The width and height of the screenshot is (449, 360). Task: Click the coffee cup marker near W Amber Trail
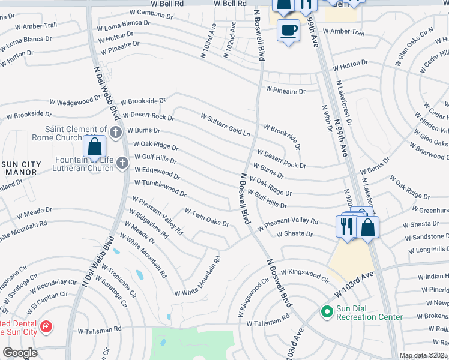[289, 29]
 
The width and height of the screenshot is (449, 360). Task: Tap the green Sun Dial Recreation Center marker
[327, 311]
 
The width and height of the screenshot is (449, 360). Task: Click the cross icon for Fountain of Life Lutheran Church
[122, 162]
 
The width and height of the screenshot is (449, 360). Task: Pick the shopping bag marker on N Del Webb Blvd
[95, 146]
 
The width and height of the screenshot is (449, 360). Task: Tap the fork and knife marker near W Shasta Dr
[346, 226]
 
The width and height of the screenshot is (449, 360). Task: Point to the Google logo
[20, 353]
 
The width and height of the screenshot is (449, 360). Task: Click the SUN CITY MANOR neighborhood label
[21, 168]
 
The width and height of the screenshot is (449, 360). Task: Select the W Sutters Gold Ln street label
[225, 124]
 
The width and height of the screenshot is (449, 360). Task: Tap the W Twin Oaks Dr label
[207, 218]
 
